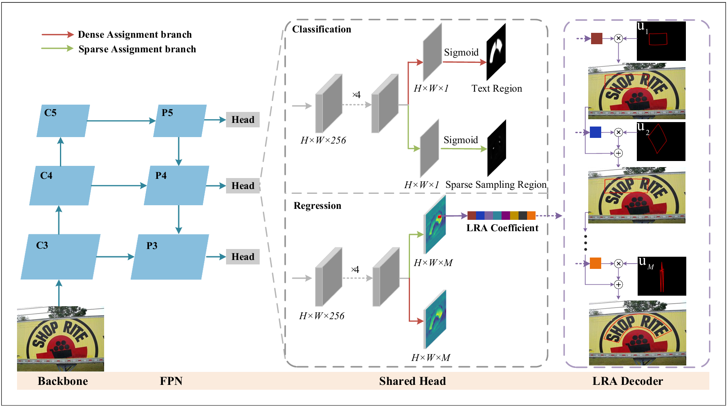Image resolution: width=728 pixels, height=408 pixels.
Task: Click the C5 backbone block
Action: [63, 121]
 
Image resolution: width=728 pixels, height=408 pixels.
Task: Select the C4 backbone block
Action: [62, 185]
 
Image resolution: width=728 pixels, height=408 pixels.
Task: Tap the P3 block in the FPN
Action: [170, 257]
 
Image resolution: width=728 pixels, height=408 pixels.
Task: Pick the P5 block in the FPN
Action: [180, 121]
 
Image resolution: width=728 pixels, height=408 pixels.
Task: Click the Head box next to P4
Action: [243, 186]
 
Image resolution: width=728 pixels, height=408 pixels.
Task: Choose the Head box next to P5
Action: [243, 120]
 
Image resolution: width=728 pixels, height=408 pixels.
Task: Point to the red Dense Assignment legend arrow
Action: [58, 34]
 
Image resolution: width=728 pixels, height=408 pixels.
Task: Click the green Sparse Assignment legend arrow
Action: [58, 49]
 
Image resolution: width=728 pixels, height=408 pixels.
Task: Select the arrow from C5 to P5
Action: [121, 121]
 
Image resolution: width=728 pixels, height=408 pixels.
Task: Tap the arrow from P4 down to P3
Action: [179, 219]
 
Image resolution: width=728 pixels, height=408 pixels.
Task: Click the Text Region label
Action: [497, 88]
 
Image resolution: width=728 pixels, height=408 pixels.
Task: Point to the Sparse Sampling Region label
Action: [496, 185]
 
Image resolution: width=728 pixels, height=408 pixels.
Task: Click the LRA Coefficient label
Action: [502, 228]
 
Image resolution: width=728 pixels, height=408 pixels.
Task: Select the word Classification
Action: [322, 29]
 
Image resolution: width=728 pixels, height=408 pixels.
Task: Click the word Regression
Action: [317, 206]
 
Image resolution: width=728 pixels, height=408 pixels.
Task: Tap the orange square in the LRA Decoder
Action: [596, 263]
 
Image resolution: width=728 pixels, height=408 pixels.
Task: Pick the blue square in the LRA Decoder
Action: [596, 132]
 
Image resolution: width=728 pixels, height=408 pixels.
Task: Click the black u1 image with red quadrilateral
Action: [661, 41]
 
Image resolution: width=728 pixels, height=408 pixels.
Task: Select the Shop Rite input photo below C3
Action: [60, 339]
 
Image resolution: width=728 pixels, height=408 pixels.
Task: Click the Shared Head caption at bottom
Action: [412, 381]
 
